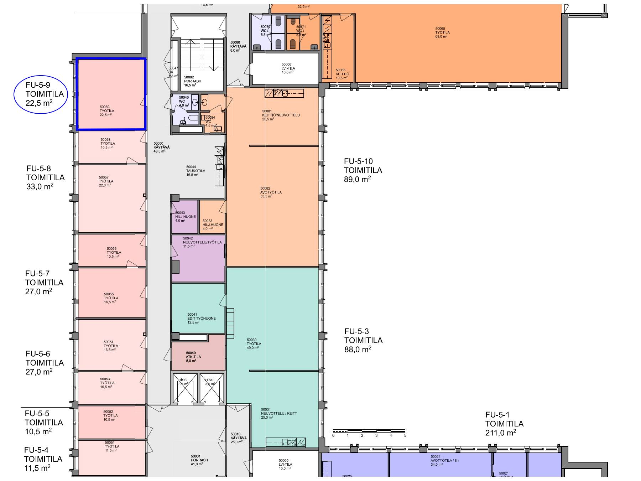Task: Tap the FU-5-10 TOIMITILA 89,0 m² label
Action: pos(363,170)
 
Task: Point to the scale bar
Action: pos(369,431)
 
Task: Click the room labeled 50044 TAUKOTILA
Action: pos(195,171)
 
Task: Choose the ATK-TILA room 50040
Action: pos(198,356)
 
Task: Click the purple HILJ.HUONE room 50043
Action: pos(184,217)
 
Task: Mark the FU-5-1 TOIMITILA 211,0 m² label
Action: pos(504,424)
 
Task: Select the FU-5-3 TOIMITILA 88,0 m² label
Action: pos(363,340)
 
